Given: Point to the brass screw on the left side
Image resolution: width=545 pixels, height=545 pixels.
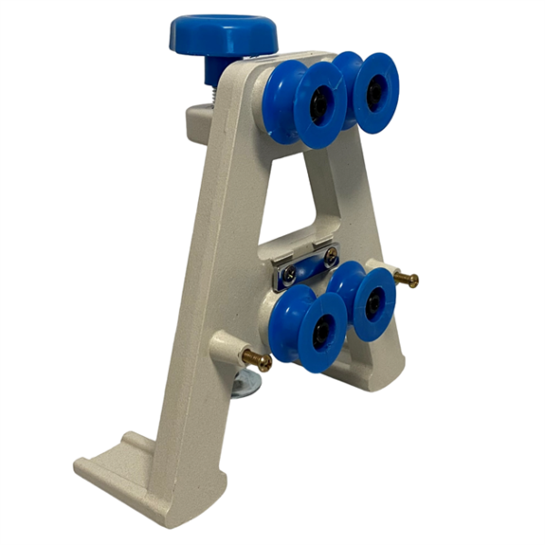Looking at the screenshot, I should click(256, 360).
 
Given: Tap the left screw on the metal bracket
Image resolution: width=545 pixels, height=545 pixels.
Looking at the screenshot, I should click(289, 272).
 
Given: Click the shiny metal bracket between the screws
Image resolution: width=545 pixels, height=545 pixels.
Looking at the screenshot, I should click(309, 266).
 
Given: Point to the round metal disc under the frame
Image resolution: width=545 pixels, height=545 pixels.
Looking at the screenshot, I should click(245, 385).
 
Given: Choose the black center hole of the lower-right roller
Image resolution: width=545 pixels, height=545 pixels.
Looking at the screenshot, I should click(374, 302).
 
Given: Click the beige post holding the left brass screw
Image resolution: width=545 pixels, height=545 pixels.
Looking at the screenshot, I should click(226, 348).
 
